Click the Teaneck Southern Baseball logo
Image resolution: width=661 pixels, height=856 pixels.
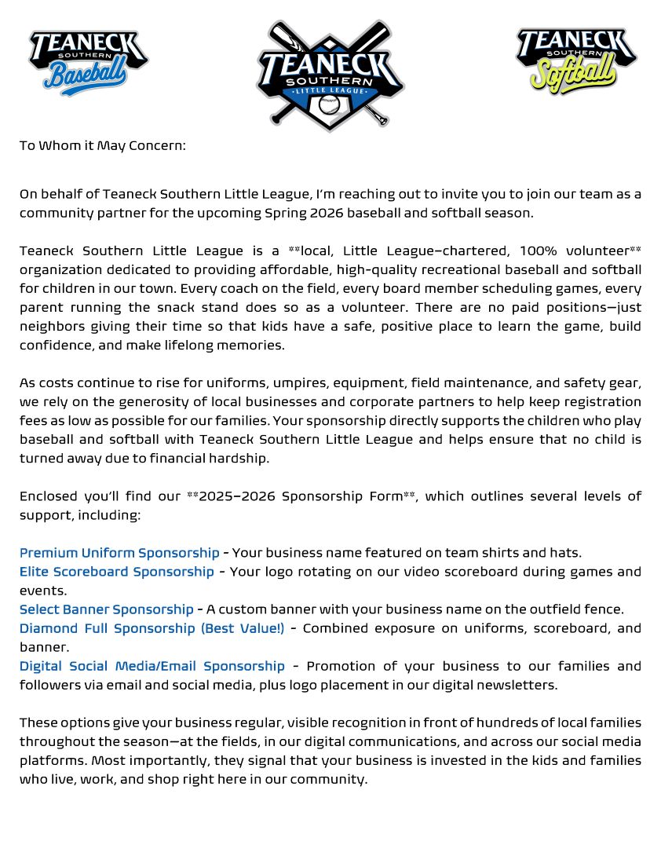point(88,62)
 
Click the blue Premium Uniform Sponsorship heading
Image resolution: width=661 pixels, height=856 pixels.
point(119,552)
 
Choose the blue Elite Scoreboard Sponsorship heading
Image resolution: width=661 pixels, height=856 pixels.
point(116,571)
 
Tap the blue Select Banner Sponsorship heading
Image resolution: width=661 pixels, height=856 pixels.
point(106,609)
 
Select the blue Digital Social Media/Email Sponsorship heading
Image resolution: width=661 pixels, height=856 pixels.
point(152,665)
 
